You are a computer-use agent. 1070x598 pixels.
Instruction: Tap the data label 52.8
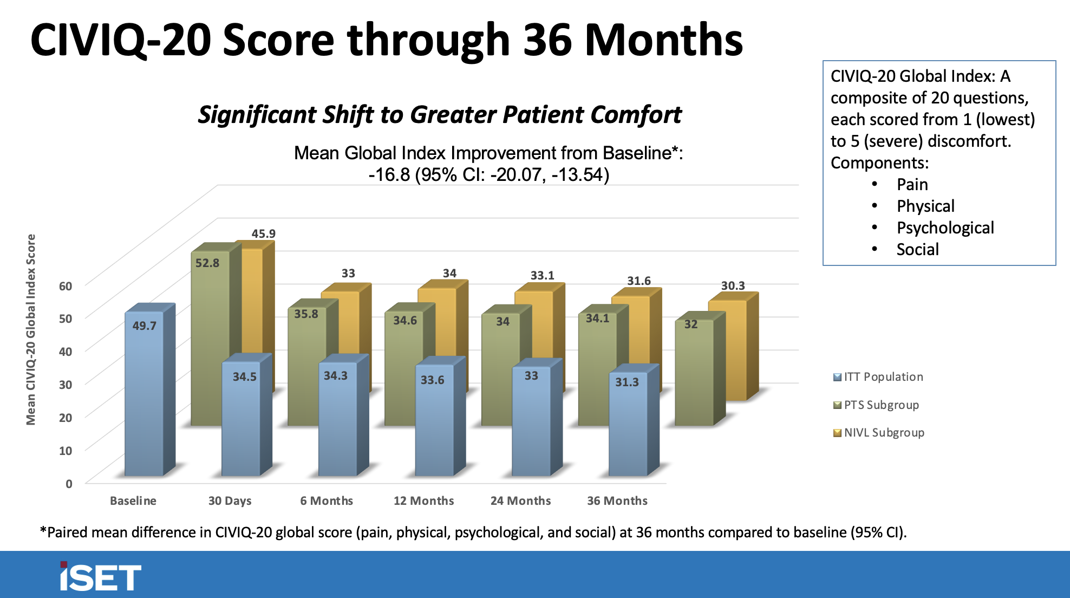pos(207,263)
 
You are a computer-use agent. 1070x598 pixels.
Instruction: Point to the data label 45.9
pos(263,233)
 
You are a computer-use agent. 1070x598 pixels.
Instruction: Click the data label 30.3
pos(733,285)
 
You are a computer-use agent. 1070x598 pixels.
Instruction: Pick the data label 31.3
pos(627,382)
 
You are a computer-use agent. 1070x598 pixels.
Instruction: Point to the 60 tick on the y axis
pos(66,286)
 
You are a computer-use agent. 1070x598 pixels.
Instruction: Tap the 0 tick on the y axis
pos(69,484)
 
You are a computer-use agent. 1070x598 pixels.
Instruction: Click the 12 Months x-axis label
pos(423,501)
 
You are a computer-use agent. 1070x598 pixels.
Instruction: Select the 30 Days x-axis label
pos(230,501)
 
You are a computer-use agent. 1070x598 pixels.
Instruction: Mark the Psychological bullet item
pos(945,228)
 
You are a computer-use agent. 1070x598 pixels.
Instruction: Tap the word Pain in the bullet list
pos(912,185)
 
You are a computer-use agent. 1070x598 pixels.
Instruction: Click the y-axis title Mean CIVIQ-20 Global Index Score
pos(31,329)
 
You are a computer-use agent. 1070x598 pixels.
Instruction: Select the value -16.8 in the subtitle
pos(389,175)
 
